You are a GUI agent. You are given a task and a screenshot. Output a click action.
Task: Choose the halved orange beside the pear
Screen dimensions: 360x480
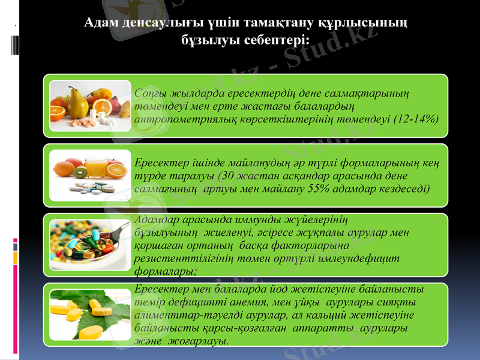pyautogui.click(x=58, y=112)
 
